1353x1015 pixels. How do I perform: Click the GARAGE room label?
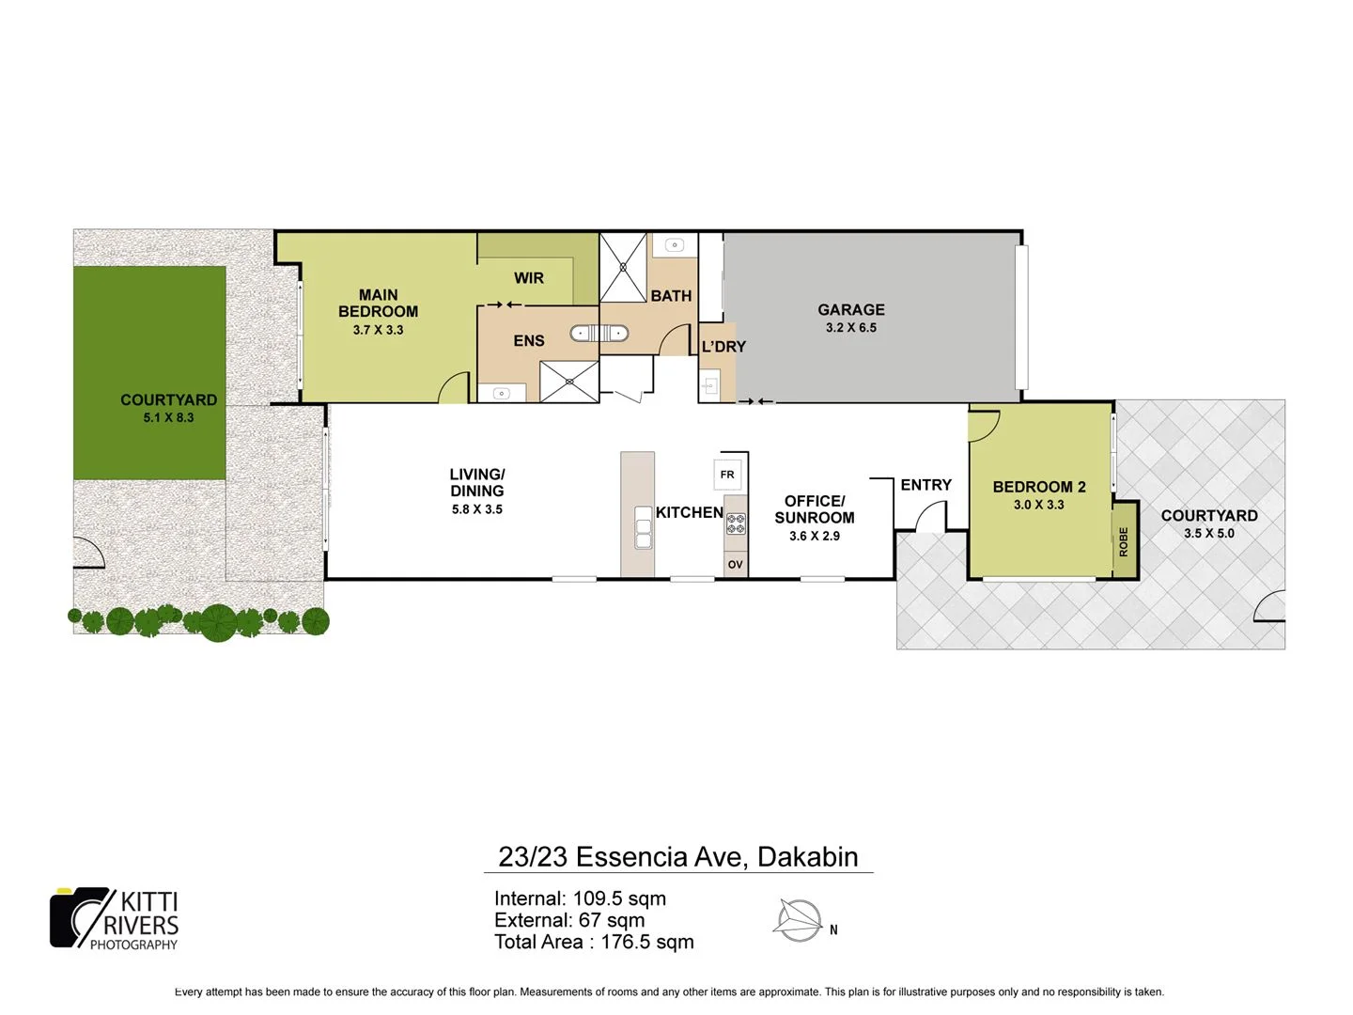[x=850, y=309]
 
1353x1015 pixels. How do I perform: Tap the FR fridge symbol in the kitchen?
[x=727, y=475]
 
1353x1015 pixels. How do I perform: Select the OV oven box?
[x=735, y=564]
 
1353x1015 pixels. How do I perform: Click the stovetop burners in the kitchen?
[x=735, y=524]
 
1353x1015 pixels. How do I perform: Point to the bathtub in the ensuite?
[x=599, y=333]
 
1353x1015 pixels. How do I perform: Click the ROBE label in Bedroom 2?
[x=1124, y=541]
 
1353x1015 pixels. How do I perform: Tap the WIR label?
[x=529, y=278]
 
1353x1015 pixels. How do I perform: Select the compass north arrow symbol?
[x=799, y=920]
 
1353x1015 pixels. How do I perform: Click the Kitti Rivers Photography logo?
[x=115, y=918]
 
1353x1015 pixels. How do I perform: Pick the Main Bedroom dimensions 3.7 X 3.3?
[x=378, y=330]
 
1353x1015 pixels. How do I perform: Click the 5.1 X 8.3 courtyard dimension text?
[x=168, y=417]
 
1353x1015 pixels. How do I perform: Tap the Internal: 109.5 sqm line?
[x=580, y=898]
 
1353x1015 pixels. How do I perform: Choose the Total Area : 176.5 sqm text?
[x=594, y=942]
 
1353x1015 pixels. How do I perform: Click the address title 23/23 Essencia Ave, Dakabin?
[x=677, y=857]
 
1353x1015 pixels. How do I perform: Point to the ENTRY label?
[x=925, y=485]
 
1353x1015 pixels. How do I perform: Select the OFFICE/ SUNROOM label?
[x=815, y=509]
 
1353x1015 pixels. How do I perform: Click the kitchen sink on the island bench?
[x=643, y=527]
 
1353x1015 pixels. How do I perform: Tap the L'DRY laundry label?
[x=723, y=347]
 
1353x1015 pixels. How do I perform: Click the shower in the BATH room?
[x=623, y=267]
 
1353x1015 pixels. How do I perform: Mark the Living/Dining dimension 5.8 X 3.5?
[x=477, y=509]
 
